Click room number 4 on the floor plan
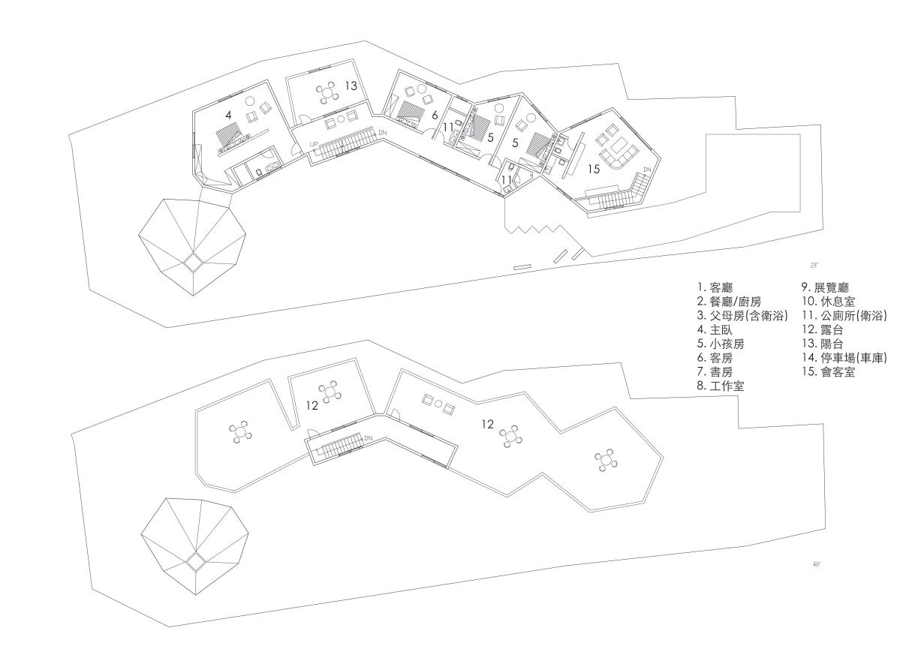[228, 115]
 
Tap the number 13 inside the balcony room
[351, 86]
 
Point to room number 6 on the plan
[434, 115]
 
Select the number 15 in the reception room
[594, 170]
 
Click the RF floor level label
[817, 563]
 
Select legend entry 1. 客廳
[719, 287]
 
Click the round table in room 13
[328, 93]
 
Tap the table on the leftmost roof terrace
[239, 431]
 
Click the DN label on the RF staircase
[368, 438]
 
